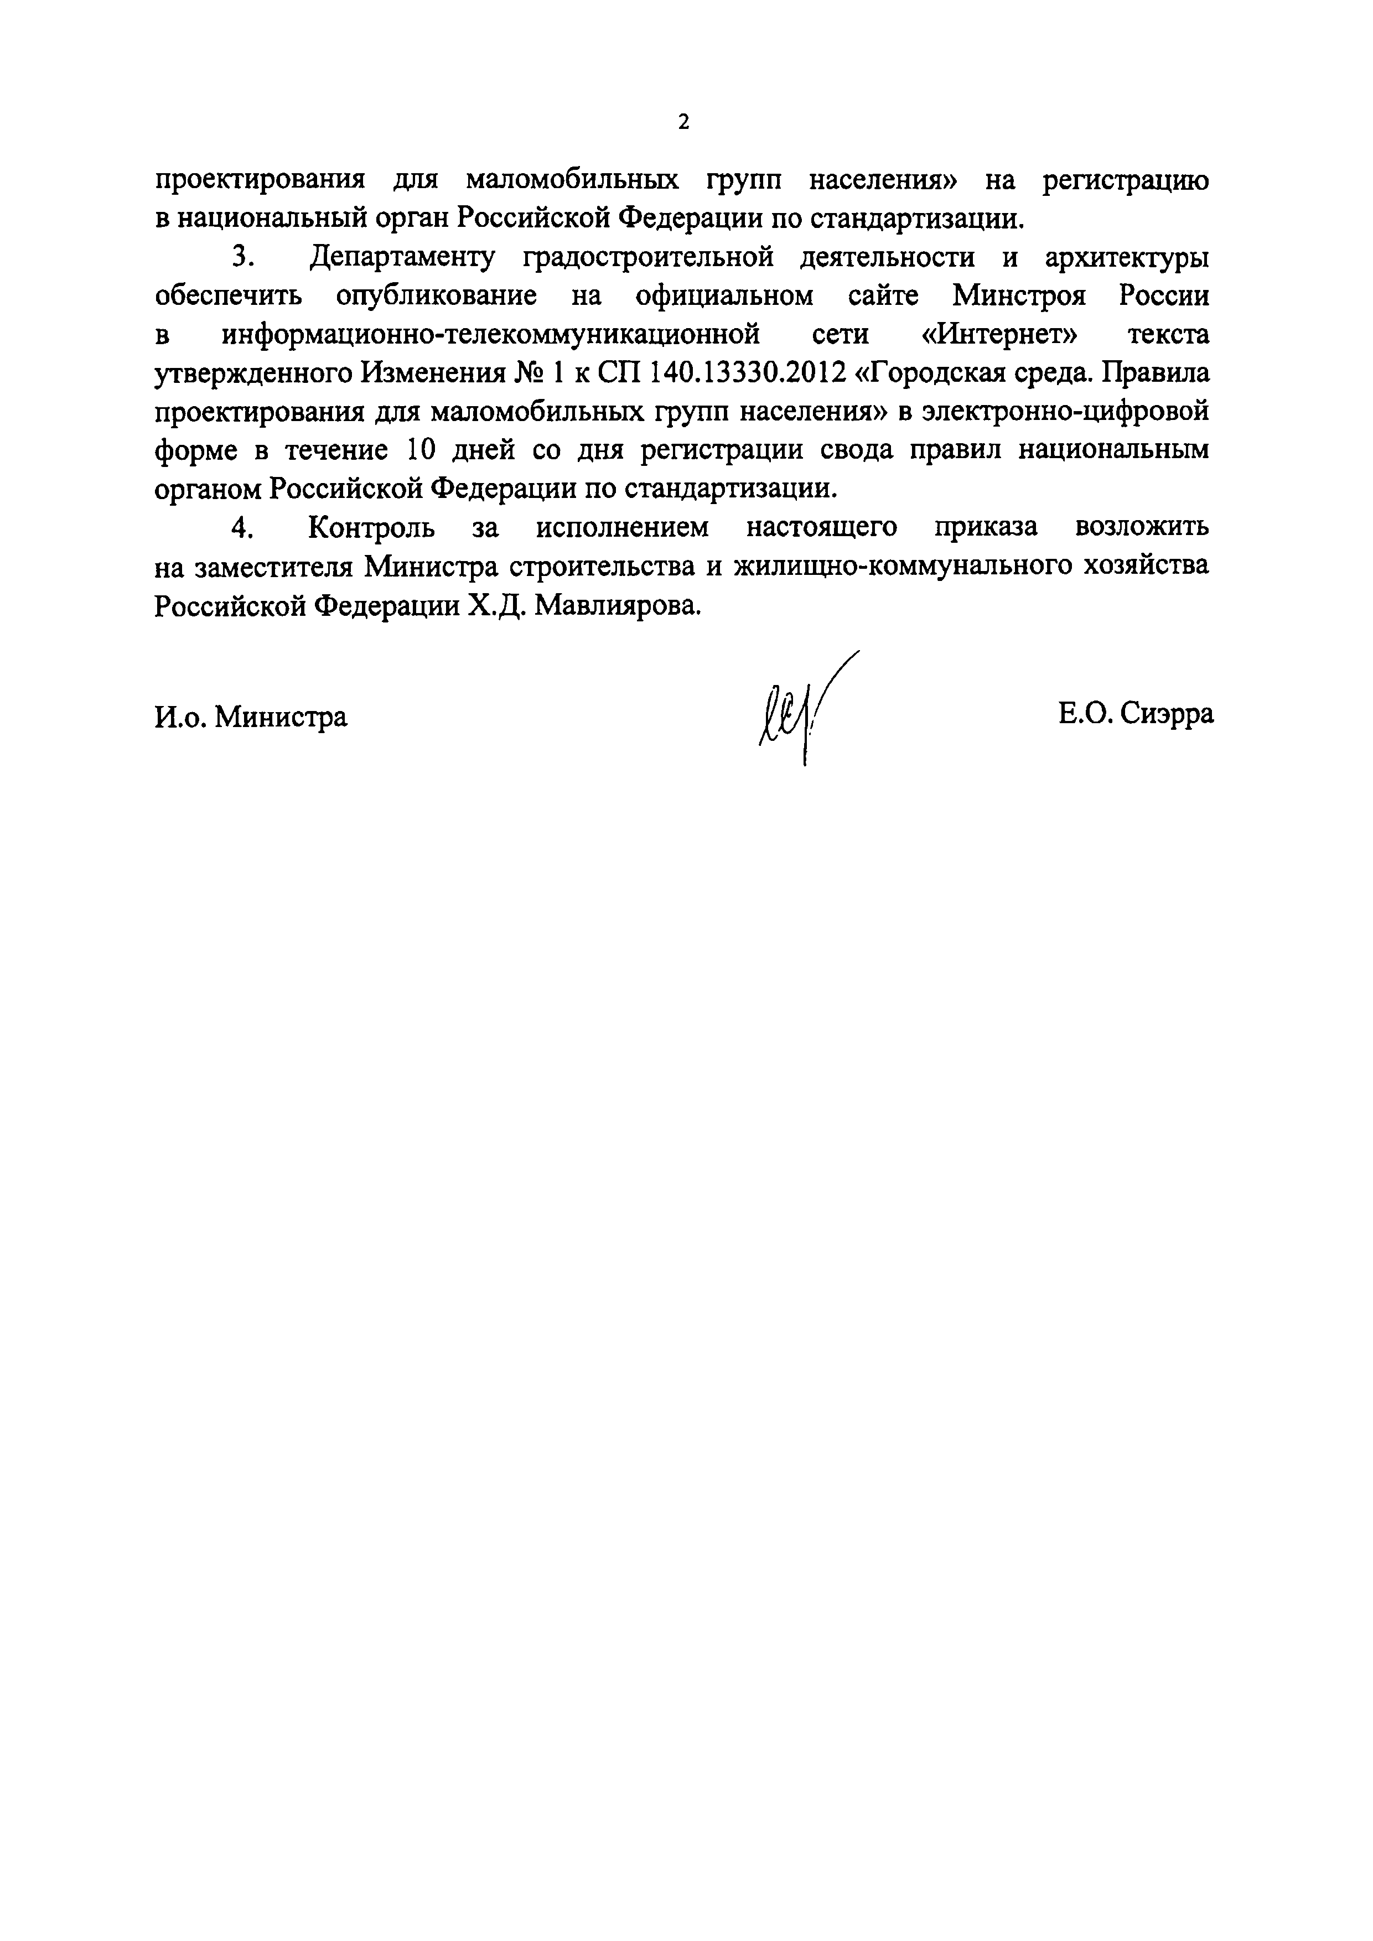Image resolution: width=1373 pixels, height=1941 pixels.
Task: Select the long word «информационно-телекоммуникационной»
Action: tap(491, 335)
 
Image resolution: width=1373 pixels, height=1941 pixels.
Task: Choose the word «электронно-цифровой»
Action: tap(1065, 412)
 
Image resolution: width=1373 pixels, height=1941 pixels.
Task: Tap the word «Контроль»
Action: tap(372, 527)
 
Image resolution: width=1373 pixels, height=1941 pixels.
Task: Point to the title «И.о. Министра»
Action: tap(251, 717)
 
